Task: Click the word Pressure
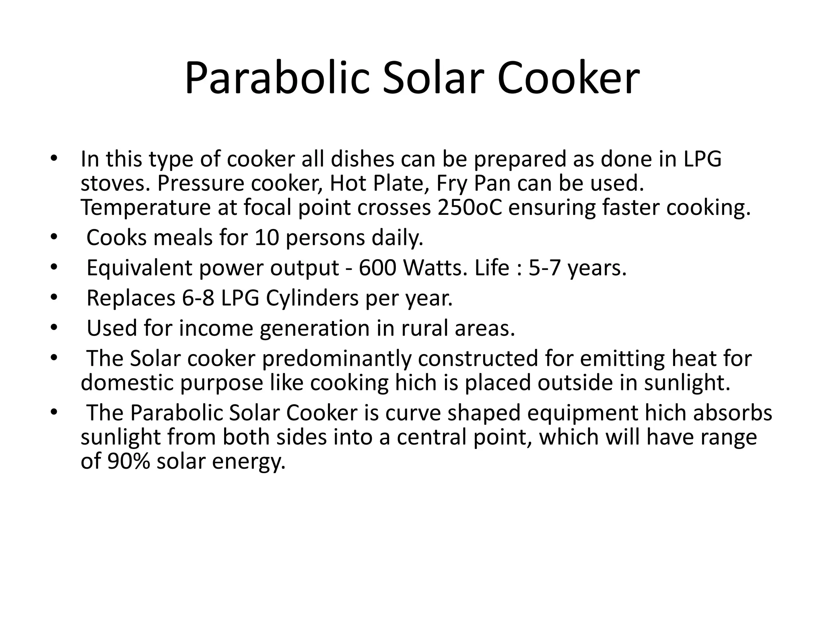[x=201, y=183]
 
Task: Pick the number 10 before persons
[x=267, y=238]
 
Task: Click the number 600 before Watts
[x=377, y=268]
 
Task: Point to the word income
[x=216, y=328]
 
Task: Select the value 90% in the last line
[x=128, y=461]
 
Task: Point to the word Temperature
[x=145, y=208]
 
